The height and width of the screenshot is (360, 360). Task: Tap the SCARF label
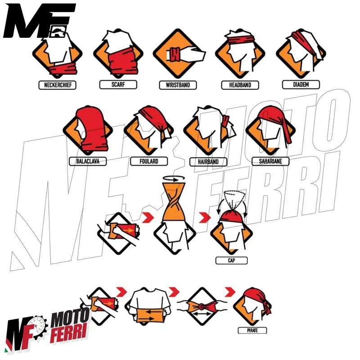click(117, 84)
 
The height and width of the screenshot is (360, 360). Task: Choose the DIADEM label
click(301, 84)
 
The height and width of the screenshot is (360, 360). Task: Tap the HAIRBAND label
click(207, 161)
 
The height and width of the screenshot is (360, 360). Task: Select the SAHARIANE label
click(267, 161)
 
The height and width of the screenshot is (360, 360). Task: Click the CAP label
click(231, 260)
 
